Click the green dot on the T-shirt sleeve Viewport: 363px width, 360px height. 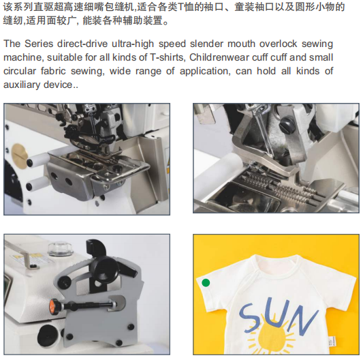tap(206, 282)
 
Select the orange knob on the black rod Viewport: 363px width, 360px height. tap(54, 305)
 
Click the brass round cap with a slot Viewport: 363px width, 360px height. tap(19, 153)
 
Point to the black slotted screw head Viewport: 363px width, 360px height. tap(287, 125)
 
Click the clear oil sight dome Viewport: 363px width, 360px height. tap(60, 249)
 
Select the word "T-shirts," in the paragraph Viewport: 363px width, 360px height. tap(168, 57)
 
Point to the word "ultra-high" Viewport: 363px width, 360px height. tap(133, 44)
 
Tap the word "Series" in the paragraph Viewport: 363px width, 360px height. tap(39, 44)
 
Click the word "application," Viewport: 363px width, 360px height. tap(205, 72)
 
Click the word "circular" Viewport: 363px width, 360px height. tap(20, 71)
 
